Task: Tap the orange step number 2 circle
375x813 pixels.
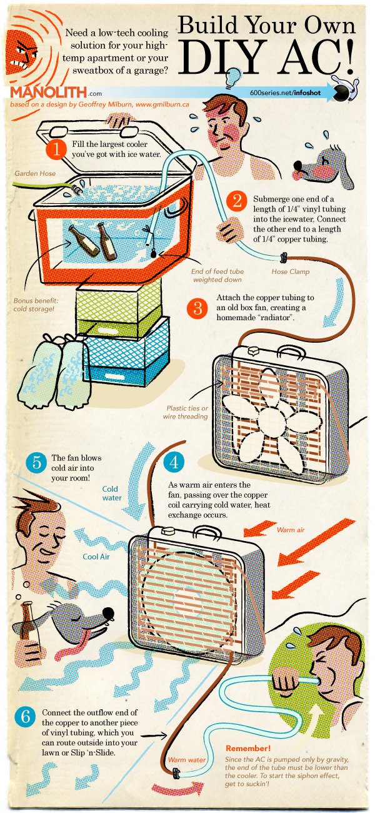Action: tap(237, 201)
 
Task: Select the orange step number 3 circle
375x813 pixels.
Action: tap(197, 307)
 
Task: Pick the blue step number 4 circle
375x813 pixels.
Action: tap(173, 463)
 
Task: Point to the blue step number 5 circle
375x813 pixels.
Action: tap(36, 463)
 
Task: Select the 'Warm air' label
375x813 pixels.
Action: tap(292, 530)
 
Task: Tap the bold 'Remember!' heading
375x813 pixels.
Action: tap(248, 748)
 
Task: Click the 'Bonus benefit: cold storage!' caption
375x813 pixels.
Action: tap(36, 305)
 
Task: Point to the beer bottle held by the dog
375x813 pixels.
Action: tap(27, 622)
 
